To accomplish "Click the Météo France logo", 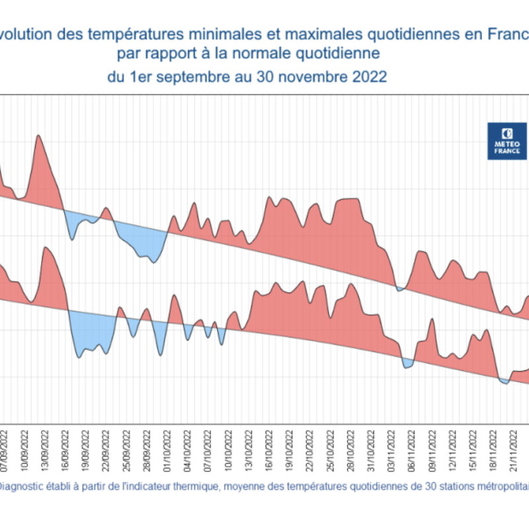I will [x=507, y=140].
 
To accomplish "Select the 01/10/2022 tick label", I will [x=168, y=450].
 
